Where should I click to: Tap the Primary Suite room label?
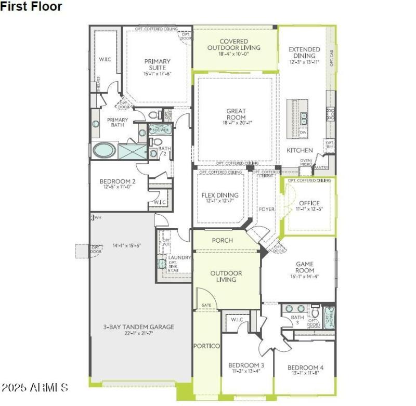157,64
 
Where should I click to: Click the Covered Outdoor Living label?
233,45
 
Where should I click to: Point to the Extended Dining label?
304,53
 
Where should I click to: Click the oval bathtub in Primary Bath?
105,151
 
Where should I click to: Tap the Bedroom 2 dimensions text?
118,187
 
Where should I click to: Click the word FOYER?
266,209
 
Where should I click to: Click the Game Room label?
305,267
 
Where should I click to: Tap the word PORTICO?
206,346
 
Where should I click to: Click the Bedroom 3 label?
246,365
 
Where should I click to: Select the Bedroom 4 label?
305,368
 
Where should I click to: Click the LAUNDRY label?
179,257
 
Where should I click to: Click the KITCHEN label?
300,150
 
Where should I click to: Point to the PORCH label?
223,240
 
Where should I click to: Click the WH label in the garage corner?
97,217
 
